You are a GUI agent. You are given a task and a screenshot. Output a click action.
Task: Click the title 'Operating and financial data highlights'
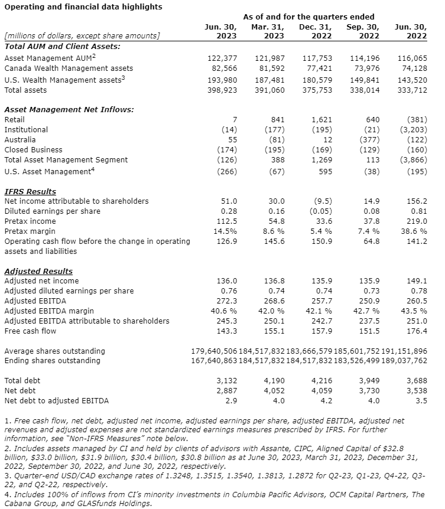83,6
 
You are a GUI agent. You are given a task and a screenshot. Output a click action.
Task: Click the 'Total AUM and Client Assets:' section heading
62,45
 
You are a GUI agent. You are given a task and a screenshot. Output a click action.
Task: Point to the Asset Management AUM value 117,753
318,58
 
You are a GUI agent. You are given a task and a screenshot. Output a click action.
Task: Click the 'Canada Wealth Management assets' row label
69,68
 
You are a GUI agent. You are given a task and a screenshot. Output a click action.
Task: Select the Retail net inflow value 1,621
321,119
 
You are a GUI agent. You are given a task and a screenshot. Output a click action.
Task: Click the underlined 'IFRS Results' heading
30,191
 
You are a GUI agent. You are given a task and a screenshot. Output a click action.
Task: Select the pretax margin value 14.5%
225,231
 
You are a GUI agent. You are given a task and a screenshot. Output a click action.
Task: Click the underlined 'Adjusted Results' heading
38,271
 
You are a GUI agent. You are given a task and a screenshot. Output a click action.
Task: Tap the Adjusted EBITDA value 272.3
227,301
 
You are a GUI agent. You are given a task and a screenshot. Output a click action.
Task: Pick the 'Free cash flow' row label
30,331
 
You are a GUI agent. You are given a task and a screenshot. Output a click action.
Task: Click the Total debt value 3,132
227,381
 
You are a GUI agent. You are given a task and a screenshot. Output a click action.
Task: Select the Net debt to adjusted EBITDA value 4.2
326,401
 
